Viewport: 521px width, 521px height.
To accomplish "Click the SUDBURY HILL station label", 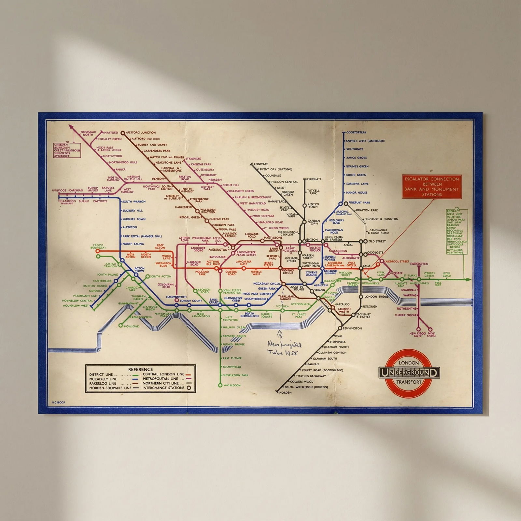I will pos(133,211).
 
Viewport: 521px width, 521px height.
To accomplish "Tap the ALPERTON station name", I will pos(130,227).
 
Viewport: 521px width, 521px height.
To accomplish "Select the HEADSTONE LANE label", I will pos(168,162).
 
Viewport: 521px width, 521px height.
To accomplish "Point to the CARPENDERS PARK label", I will pos(157,151).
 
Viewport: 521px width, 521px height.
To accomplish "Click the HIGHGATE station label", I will pos(314,179).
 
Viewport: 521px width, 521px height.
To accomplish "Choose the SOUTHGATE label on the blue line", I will pos(355,149).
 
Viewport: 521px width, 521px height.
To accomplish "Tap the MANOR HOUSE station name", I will pos(357,193).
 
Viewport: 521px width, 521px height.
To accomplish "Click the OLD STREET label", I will pos(377,241).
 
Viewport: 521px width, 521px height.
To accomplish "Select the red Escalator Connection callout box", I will pos(432,187).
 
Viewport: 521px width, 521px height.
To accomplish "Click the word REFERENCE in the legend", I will pos(140,369).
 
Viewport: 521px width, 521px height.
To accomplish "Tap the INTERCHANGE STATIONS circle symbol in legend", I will pos(189,388).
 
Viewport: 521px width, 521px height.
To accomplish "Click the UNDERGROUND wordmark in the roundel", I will pos(409,373).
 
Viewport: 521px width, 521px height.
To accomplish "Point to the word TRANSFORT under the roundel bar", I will pos(409,382).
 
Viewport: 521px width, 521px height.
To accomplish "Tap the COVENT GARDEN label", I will pos(311,274).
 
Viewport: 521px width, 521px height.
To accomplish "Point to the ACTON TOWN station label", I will pos(139,270).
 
